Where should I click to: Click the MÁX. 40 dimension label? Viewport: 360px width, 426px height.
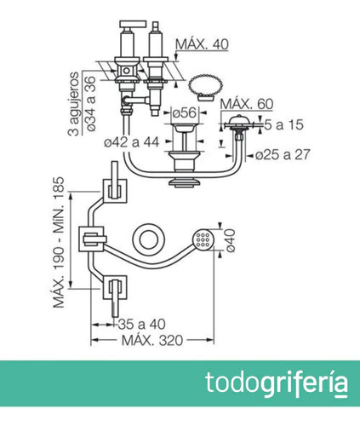point(202,44)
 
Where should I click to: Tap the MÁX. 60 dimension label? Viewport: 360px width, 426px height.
point(247,104)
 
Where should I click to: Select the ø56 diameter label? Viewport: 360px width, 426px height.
point(185,113)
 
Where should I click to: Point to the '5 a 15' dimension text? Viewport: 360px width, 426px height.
point(283,124)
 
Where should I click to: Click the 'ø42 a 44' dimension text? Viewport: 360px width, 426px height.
point(131,142)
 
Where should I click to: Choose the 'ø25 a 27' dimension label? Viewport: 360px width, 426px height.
point(283,155)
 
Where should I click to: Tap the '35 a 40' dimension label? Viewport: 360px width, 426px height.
point(141,325)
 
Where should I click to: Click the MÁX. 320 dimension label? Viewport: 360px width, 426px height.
point(152,341)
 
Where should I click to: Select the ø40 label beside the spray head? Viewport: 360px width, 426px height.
point(230,240)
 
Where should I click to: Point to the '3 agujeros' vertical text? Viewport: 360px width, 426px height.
point(74,104)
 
